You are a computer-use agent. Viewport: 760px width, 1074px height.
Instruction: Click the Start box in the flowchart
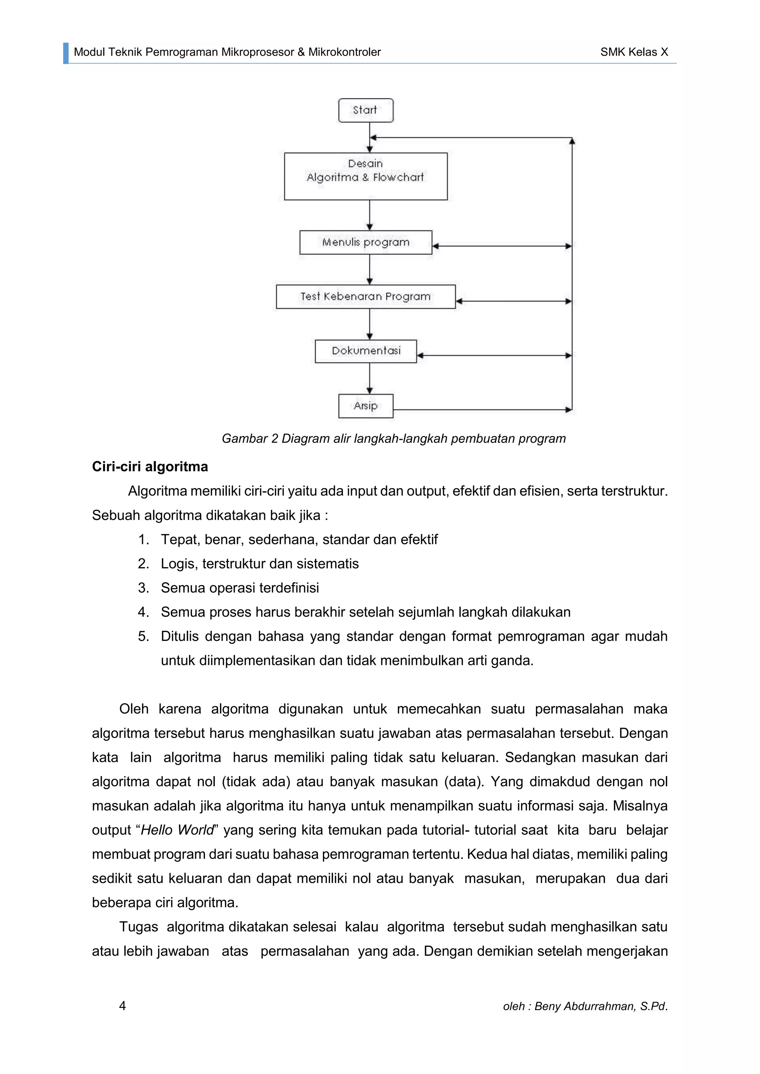click(x=366, y=111)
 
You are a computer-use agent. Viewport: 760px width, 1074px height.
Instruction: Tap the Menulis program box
click(x=366, y=242)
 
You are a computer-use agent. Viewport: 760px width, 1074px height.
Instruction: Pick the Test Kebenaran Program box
click(x=366, y=297)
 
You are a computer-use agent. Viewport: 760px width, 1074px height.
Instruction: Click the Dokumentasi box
click(x=366, y=351)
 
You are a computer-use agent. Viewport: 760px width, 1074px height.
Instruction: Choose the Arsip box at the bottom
click(x=366, y=406)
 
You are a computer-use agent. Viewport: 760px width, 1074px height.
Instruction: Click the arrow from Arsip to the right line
click(x=482, y=410)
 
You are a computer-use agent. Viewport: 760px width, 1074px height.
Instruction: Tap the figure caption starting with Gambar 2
click(x=394, y=439)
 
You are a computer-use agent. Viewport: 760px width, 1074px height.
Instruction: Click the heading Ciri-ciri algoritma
click(x=150, y=467)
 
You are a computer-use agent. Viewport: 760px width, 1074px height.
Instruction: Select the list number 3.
click(x=143, y=588)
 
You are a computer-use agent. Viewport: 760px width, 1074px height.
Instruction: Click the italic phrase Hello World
click(x=177, y=830)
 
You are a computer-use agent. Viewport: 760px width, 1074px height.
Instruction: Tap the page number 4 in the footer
click(x=122, y=1006)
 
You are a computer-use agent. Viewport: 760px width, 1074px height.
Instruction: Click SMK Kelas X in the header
click(x=634, y=52)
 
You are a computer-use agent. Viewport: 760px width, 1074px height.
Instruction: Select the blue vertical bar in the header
click(x=66, y=53)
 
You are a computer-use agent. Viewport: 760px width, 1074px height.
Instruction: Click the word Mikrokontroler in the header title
click(x=344, y=52)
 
